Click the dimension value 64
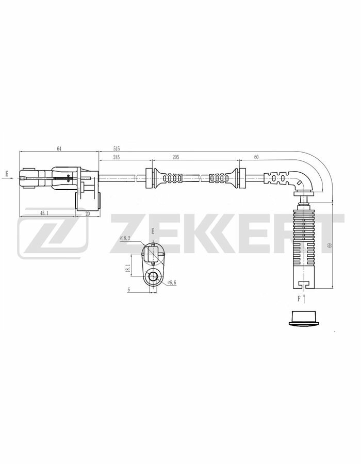[59, 148]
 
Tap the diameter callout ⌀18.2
[125, 238]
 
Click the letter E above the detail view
[153, 233]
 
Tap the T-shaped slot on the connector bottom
[304, 283]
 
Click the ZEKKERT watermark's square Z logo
[52, 236]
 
